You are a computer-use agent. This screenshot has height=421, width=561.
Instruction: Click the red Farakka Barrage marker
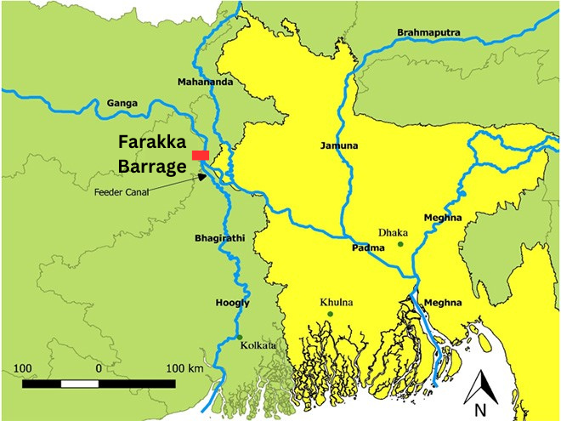point(201,155)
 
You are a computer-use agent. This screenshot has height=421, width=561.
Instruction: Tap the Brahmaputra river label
point(428,32)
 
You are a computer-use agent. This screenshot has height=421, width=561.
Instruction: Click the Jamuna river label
point(339,145)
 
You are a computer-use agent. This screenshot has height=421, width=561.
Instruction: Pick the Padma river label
point(369,248)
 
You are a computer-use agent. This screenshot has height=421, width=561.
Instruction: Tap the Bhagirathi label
point(220,238)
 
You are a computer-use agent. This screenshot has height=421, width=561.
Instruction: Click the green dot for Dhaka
point(400,244)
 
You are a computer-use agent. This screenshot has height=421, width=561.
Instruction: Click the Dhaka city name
point(394,231)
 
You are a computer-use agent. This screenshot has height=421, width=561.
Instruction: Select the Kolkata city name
point(258,345)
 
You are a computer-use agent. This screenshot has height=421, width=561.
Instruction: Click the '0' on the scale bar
point(99,368)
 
